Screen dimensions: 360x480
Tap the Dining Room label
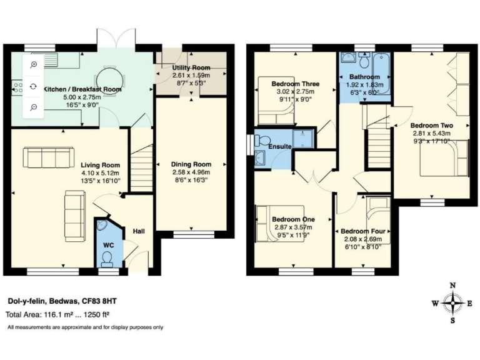191,164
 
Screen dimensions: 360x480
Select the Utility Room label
191,67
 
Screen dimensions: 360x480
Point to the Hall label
138,231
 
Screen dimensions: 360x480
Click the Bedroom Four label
362,231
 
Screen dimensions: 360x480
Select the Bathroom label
364,76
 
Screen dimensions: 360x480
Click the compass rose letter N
452,286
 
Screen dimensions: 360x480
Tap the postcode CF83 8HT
99,301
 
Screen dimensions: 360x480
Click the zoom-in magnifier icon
33,64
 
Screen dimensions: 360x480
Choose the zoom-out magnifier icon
33,107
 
